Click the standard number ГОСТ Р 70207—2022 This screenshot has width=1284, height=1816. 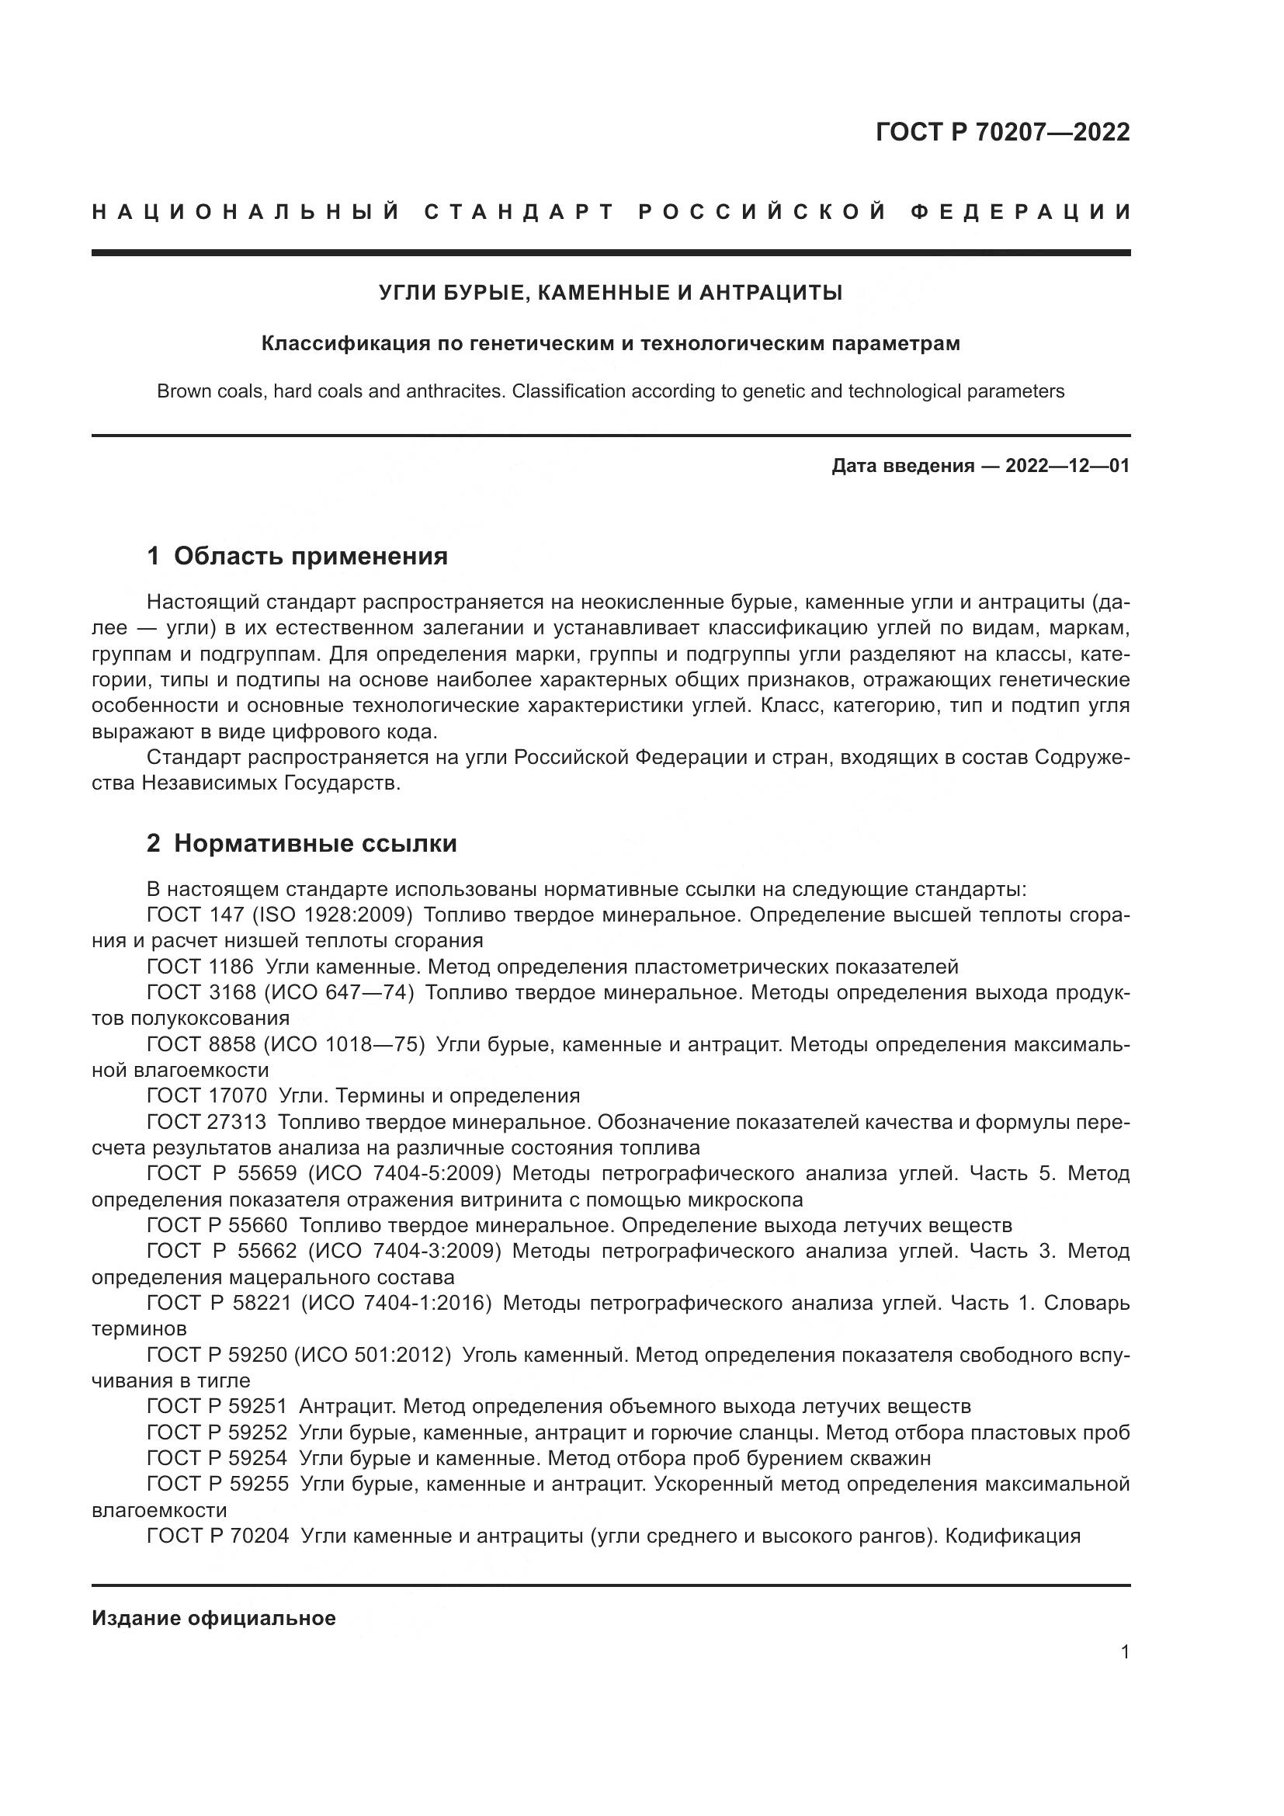(1002, 132)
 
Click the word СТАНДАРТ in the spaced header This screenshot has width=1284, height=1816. (519, 212)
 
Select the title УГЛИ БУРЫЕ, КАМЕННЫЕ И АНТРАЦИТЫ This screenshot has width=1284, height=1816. (610, 293)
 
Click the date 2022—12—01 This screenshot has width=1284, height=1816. (1067, 466)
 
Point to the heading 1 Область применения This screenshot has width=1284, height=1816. (297, 557)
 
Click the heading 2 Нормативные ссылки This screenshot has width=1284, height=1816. (302, 844)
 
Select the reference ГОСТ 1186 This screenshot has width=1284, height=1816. (200, 967)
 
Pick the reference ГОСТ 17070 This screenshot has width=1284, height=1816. (207, 1096)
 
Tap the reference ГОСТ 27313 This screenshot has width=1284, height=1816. (207, 1122)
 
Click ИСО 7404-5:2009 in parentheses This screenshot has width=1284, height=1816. (404, 1173)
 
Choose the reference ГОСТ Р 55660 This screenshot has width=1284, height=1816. (217, 1225)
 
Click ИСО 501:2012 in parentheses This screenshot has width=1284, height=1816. (373, 1355)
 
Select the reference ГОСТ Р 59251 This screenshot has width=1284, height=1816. (217, 1406)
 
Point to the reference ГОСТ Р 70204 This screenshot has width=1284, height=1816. (217, 1536)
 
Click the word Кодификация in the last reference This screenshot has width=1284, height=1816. (1013, 1536)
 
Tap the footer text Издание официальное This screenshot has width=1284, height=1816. (213, 1618)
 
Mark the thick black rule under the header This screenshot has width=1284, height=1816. (610, 253)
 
